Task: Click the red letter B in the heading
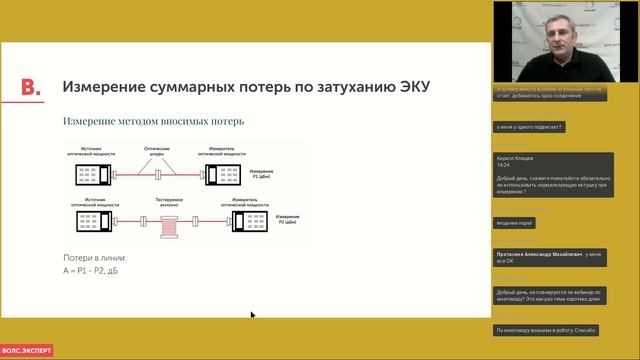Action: [x=31, y=87]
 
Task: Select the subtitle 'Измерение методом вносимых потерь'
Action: [x=153, y=121]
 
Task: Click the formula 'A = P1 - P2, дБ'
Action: [x=91, y=269]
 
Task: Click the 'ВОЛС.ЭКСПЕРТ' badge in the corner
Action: [x=26, y=350]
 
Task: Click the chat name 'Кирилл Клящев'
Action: [x=516, y=157]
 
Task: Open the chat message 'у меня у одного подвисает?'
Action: [x=529, y=127]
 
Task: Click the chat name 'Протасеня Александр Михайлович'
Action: [x=540, y=255]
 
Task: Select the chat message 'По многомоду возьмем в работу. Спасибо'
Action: [x=546, y=329]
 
